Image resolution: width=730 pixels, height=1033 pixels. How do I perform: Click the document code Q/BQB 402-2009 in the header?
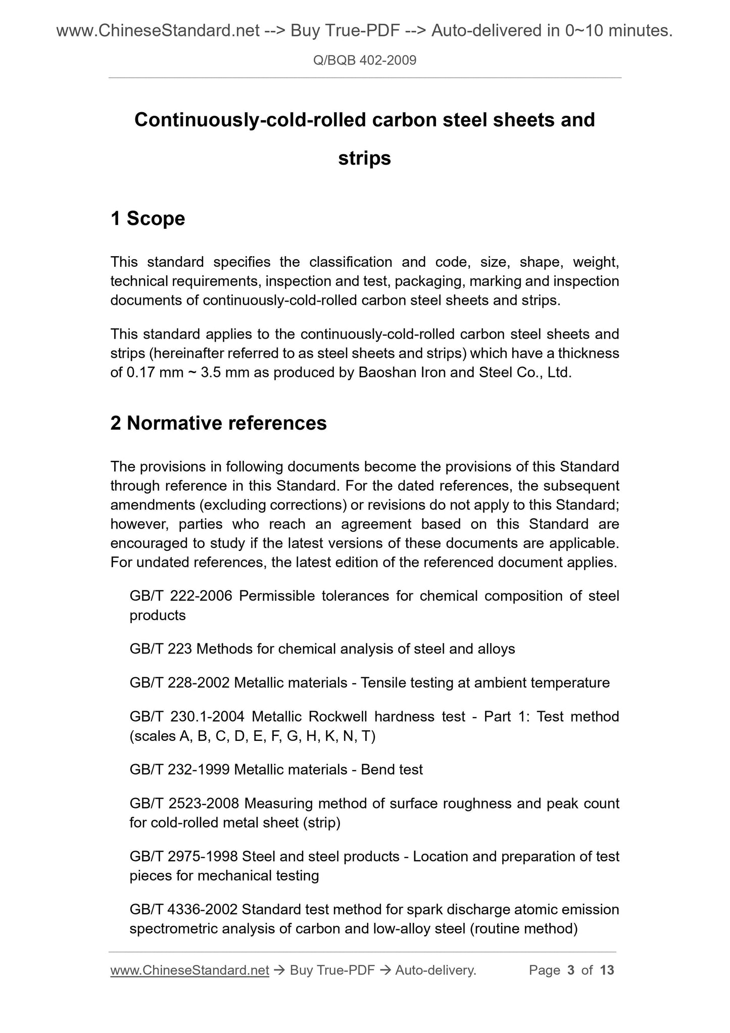(x=365, y=61)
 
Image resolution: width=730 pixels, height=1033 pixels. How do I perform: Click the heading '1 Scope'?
(x=148, y=219)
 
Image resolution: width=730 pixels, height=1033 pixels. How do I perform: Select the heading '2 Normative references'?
(x=218, y=423)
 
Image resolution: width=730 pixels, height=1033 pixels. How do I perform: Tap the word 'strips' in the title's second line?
(x=364, y=159)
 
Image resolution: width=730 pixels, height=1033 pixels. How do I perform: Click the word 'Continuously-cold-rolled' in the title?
(x=250, y=120)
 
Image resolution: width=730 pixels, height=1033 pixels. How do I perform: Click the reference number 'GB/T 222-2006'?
(x=181, y=596)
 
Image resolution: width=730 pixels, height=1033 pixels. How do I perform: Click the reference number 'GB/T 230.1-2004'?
(x=187, y=717)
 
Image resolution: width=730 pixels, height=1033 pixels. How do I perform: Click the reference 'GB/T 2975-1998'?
(x=184, y=857)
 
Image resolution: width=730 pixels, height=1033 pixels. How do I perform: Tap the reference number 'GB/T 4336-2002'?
(x=183, y=910)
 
